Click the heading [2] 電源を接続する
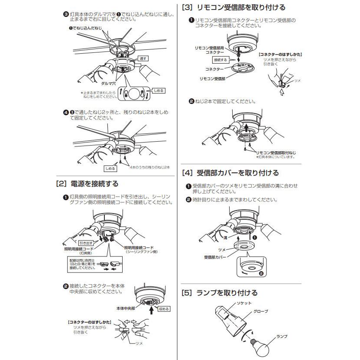tap(87, 184)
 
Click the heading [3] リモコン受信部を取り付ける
tap(234, 7)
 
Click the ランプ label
tap(282, 336)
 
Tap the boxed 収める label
tap(164, 308)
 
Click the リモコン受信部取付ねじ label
tap(276, 152)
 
